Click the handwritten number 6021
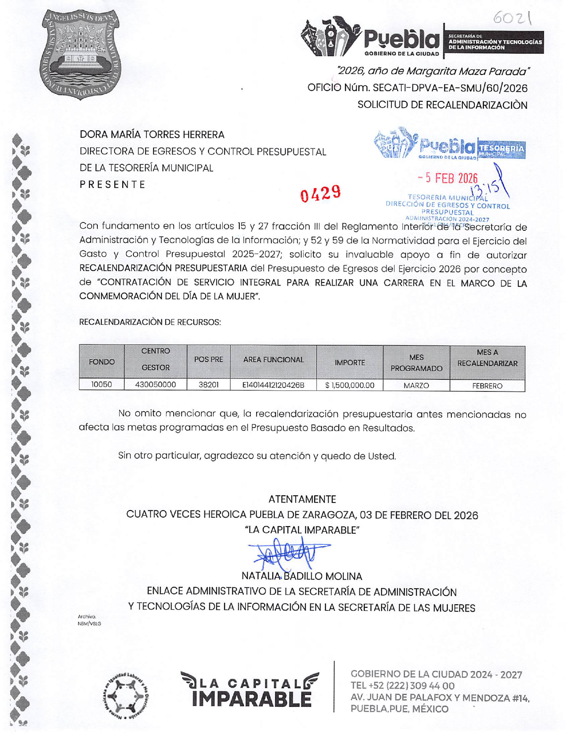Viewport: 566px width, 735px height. (513, 19)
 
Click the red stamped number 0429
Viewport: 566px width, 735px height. (320, 193)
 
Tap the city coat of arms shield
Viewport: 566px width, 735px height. (81, 54)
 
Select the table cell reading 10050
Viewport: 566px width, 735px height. (102, 385)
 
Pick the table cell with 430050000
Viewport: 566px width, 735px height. (155, 385)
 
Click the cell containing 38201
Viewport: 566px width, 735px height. (208, 385)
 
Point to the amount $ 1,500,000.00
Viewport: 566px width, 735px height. (350, 385)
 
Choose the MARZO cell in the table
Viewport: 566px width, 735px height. (416, 386)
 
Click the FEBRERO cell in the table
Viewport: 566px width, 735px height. (487, 386)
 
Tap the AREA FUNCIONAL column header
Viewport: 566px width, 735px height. (273, 360)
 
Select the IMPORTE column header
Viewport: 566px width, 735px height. (350, 363)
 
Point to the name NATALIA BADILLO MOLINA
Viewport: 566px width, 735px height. (302, 576)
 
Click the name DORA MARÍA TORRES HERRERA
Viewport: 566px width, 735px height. (152, 134)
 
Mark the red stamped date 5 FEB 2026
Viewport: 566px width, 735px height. (448, 178)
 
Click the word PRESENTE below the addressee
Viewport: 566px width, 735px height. (112, 185)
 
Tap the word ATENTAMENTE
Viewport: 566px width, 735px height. (302, 499)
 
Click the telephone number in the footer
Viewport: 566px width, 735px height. (403, 686)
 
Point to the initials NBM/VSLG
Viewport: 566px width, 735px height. (89, 623)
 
